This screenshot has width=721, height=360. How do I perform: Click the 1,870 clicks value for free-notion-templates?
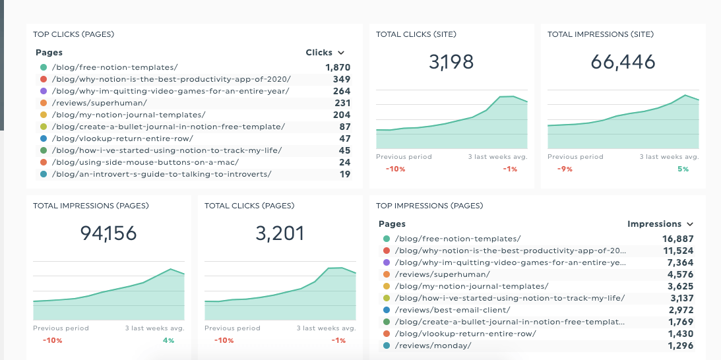point(337,67)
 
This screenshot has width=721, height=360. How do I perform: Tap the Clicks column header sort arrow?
point(341,53)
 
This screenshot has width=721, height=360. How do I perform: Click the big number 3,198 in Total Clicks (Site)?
point(451,62)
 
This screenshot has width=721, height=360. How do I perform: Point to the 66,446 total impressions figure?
point(623,62)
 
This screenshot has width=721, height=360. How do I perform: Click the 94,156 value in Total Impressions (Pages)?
point(108,233)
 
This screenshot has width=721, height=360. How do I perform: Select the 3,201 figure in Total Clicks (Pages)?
point(280,233)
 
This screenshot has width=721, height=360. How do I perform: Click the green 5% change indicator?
point(682,169)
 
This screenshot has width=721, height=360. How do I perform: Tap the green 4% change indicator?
point(168,340)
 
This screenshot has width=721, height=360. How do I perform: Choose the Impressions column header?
point(654,224)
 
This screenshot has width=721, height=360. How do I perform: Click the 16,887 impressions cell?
point(677,239)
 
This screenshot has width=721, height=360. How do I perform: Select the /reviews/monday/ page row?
point(433,345)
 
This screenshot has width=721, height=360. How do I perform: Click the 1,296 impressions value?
point(680,345)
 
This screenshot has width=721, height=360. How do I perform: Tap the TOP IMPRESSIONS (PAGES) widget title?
point(429,206)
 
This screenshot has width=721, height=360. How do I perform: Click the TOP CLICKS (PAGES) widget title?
point(74,34)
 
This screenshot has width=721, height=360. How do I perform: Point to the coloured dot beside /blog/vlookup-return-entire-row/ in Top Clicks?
point(43,138)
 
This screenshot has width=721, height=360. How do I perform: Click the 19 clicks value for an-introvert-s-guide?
point(345,174)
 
